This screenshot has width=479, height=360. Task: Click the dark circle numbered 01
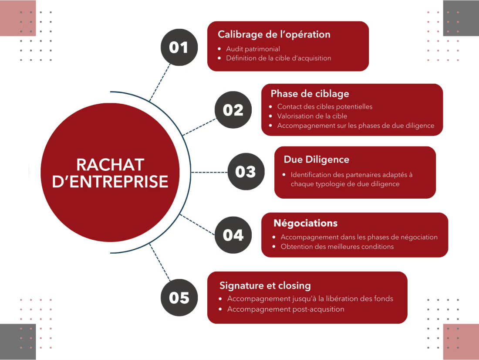(x=179, y=47)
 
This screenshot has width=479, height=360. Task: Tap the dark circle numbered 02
(x=233, y=110)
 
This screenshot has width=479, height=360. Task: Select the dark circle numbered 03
(x=246, y=172)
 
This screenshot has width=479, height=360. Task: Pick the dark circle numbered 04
(x=233, y=235)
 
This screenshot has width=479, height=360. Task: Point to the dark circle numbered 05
(x=179, y=298)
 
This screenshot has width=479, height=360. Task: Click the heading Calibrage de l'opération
(x=274, y=34)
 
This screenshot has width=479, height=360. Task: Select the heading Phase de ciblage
(x=310, y=94)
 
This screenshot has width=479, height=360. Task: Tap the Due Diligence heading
(x=316, y=160)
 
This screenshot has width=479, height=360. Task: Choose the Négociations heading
(x=305, y=223)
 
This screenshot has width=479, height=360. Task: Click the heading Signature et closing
(x=265, y=286)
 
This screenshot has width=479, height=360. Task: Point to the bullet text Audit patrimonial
(x=253, y=49)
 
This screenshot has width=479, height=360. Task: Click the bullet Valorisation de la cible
(x=312, y=116)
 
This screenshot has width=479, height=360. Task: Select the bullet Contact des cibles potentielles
(x=324, y=106)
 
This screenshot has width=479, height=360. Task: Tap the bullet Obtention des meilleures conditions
(x=337, y=247)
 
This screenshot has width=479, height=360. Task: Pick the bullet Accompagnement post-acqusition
(x=286, y=309)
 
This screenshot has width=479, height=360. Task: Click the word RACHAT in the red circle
(x=110, y=165)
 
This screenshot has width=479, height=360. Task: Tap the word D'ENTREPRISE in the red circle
(x=110, y=182)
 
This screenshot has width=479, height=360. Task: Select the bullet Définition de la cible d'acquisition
(x=278, y=58)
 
